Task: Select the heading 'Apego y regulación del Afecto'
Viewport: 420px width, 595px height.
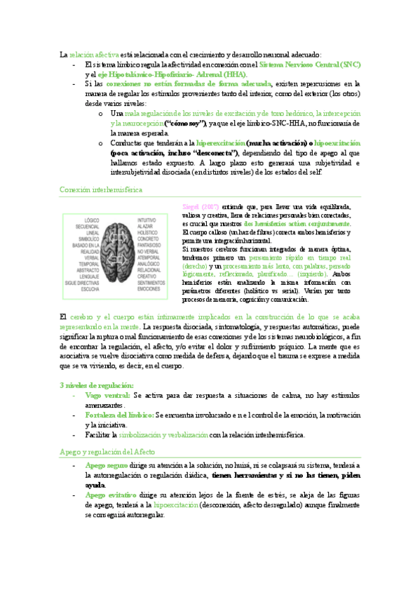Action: [x=107, y=452]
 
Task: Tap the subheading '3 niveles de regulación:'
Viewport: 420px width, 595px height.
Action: [x=96, y=386]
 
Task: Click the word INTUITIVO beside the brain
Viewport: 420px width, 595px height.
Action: [x=147, y=220]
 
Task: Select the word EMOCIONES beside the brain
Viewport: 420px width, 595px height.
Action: [x=148, y=288]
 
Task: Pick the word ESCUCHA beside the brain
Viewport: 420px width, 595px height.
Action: [x=89, y=288]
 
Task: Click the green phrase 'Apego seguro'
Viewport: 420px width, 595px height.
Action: [x=106, y=465]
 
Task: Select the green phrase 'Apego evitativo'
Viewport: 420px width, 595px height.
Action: [x=111, y=495]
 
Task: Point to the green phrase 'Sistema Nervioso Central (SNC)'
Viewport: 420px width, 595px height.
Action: [x=310, y=64]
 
